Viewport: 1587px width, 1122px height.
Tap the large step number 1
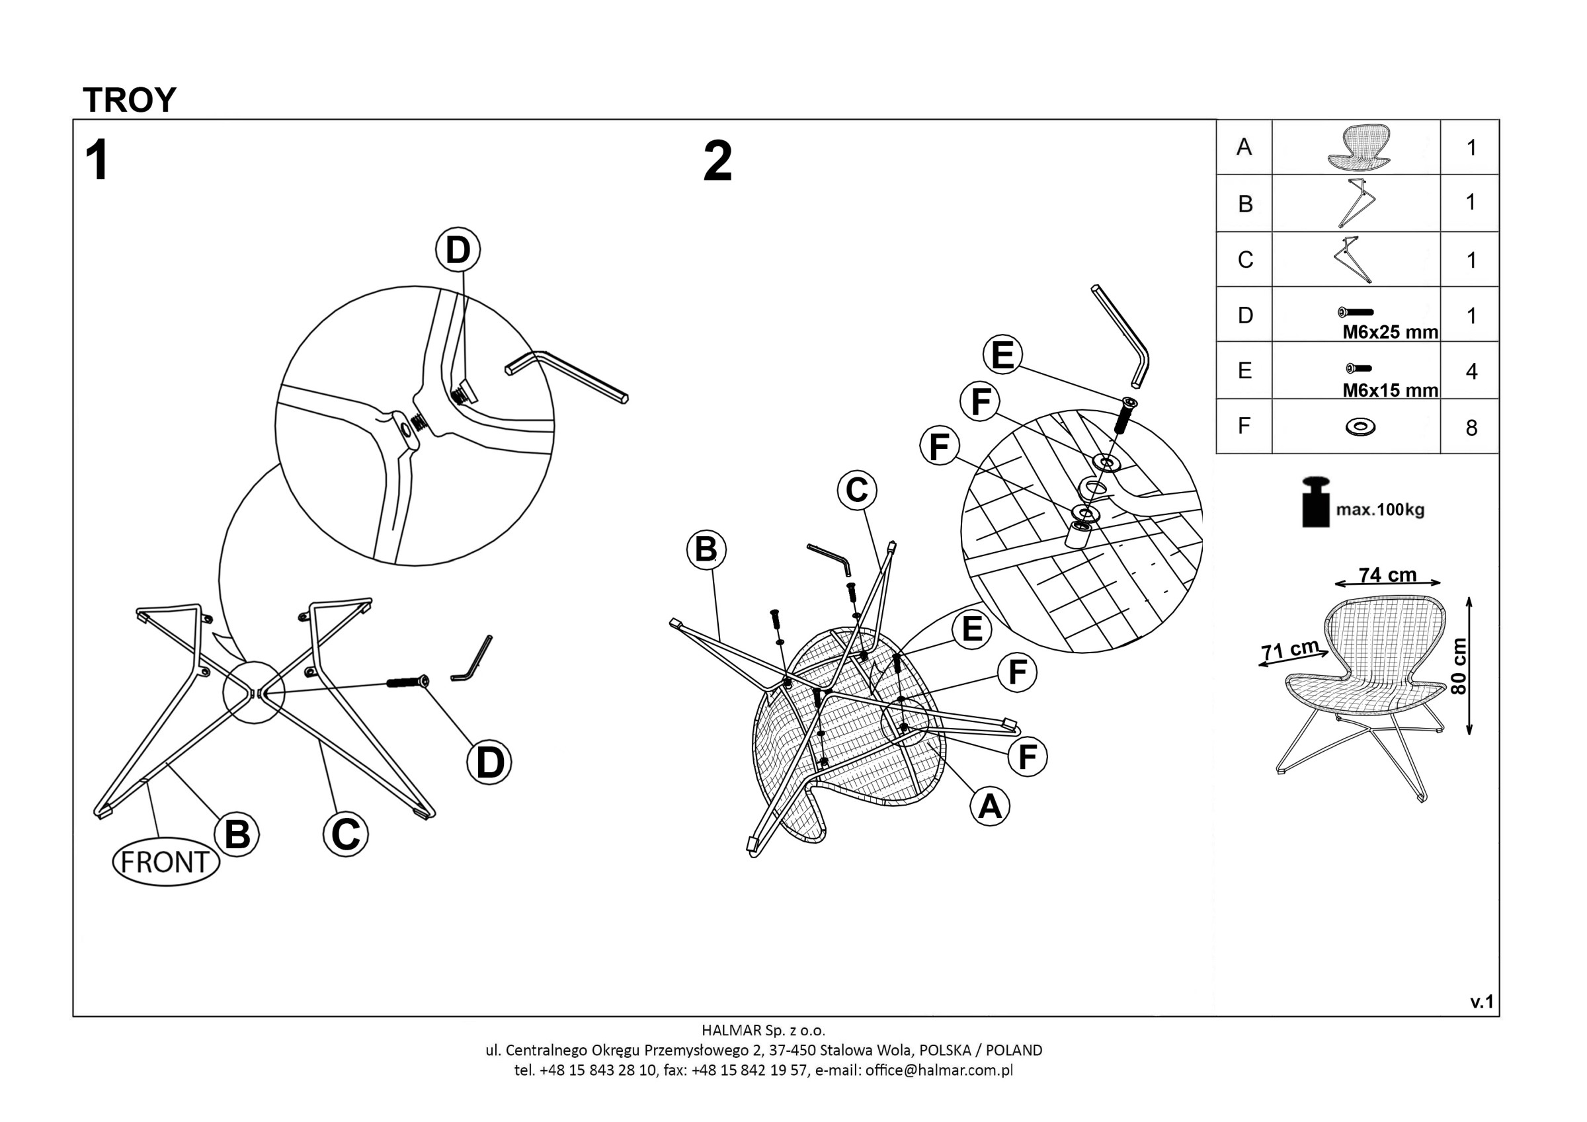97,161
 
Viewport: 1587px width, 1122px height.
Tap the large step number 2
717,162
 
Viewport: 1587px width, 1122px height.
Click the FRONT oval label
166,862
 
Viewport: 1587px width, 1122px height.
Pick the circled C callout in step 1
346,834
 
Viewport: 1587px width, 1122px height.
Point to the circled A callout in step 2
990,806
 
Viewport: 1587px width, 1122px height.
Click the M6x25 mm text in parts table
1390,333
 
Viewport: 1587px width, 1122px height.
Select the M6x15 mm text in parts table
1390,391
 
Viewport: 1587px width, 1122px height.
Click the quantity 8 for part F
1471,428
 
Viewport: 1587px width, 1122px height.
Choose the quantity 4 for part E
1471,372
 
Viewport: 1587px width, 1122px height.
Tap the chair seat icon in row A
1358,147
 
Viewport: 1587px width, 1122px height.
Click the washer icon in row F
1360,427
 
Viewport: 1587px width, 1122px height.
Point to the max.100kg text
1379,510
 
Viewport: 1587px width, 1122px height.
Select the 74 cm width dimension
1387,575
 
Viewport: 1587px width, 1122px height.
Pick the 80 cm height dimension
1459,666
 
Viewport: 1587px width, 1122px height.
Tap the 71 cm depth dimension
1290,650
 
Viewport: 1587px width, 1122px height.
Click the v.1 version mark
1482,1002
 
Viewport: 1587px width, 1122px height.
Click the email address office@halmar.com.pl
939,1070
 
